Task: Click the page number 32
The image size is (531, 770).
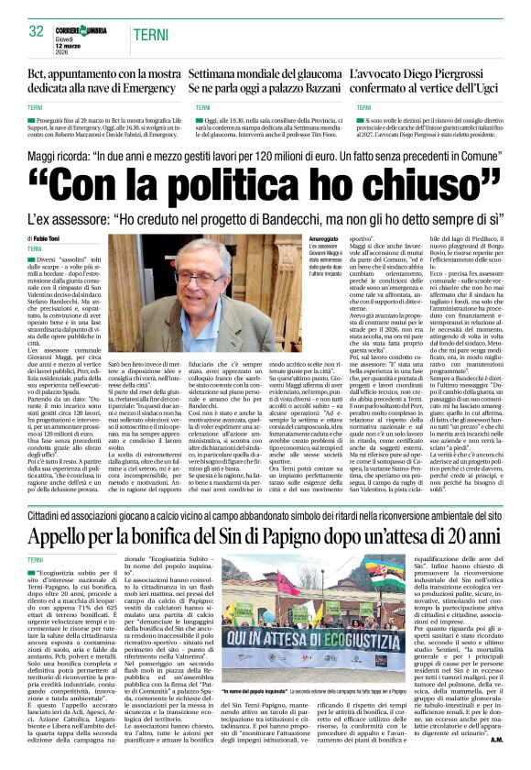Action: tap(36, 31)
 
